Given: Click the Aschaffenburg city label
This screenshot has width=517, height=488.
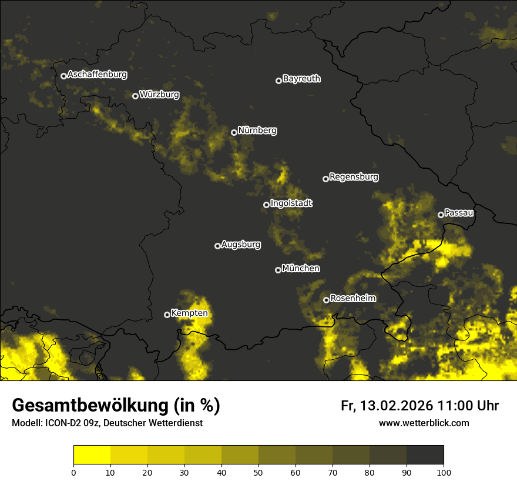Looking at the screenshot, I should pos(97,75).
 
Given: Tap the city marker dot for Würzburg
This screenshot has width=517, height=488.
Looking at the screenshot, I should pos(135,96).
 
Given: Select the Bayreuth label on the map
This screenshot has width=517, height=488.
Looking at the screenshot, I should pos(301,79).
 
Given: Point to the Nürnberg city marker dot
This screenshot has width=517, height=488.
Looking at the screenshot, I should pos(234,132).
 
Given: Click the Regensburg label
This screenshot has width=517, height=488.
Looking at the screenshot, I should pos(354,176).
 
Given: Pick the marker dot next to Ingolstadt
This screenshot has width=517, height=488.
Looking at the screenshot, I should pos(266,205).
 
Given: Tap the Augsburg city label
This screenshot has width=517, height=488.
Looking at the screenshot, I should pos(241,244).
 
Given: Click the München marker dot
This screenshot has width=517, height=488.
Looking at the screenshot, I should pos(278,270).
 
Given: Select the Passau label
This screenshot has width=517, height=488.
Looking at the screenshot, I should pos(459,212).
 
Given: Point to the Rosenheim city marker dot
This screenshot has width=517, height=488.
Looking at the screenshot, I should pos(326,300).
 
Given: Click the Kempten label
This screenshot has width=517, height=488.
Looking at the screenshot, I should pos(189,313).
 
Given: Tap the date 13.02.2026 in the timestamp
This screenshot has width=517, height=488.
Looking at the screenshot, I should pos(397,406).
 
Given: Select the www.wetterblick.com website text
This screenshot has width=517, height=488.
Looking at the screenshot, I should pos(424,423).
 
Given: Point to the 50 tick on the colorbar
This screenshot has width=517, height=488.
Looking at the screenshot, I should pos(258,472).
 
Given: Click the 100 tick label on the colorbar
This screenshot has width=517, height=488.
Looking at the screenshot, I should pos(444,472).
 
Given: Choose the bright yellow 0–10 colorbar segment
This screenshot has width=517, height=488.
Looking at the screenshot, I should pos(92,454).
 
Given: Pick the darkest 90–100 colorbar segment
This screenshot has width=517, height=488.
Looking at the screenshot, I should pos(425,454).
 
